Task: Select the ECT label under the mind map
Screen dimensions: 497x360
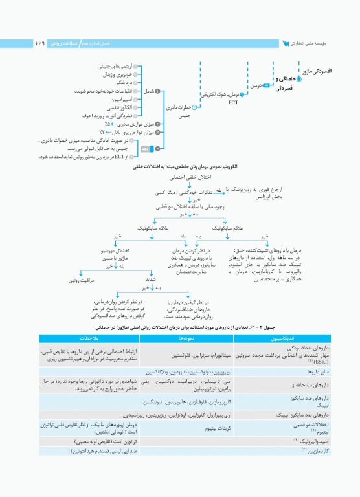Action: (x=234, y=102)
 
